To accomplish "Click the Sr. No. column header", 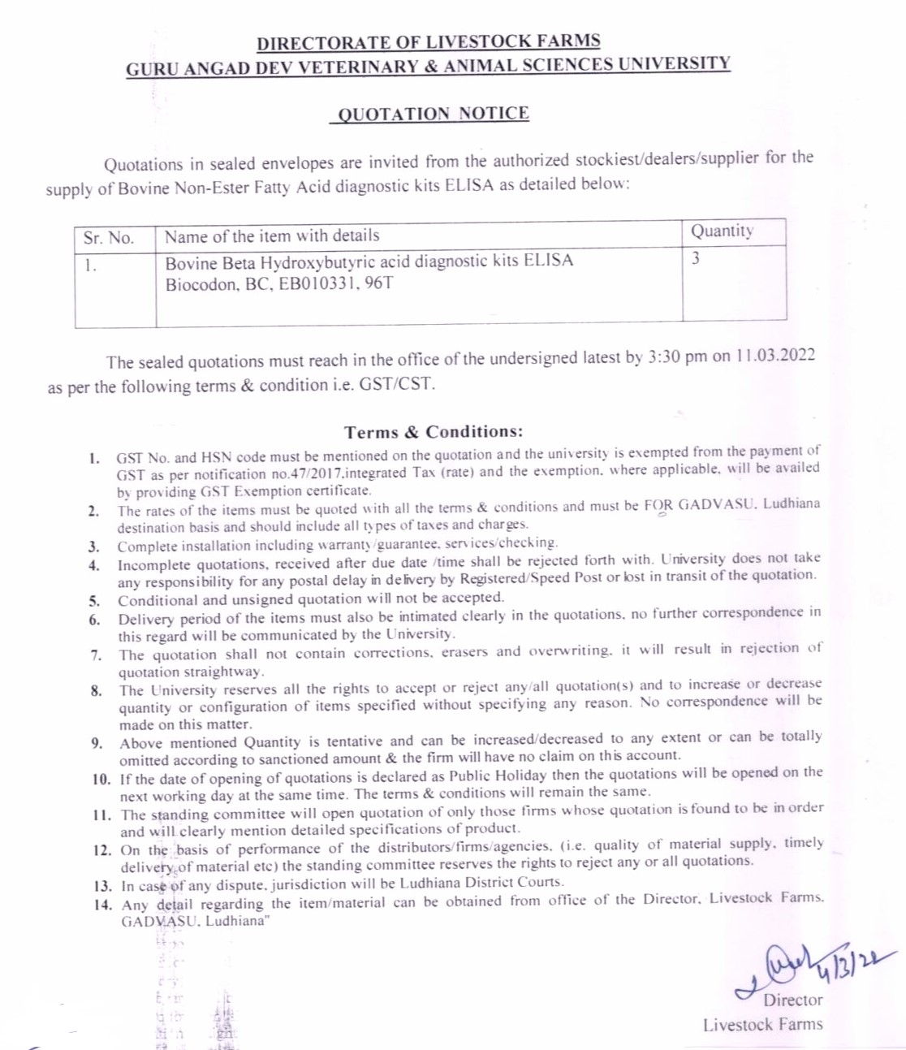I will [108, 237].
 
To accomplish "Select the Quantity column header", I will [722, 231].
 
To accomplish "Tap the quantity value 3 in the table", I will [696, 259].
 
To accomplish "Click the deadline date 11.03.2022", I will [775, 356].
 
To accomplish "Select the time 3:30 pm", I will [678, 357].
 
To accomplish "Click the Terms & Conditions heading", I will [434, 432].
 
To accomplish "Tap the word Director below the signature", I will [792, 1000].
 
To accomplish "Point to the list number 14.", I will [103, 905].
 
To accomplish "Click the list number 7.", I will [97, 655].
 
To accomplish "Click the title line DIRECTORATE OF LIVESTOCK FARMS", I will [428, 42].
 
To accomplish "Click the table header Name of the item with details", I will [272, 236].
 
